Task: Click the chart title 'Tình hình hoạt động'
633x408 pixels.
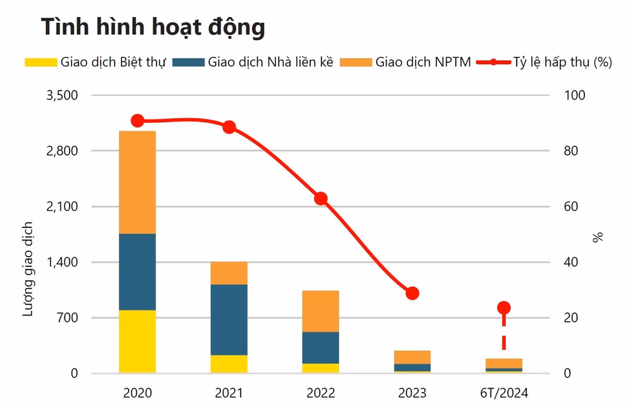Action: point(153,27)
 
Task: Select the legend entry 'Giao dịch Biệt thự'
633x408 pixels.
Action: point(96,62)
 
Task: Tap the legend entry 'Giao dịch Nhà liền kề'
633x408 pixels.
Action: point(253,62)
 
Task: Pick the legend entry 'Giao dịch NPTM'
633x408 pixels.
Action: point(405,62)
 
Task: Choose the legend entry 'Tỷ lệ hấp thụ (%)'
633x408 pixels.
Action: point(544,62)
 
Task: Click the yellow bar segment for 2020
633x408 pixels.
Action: point(137,341)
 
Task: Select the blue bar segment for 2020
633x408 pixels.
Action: point(137,272)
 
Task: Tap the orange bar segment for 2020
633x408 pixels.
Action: point(137,182)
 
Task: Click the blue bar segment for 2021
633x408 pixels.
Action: point(229,320)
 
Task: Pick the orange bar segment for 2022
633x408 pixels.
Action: point(320,311)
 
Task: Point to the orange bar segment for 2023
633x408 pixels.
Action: point(412,357)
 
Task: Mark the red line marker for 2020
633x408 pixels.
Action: point(137,121)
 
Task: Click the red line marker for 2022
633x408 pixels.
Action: point(321,199)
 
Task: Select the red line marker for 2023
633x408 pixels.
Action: point(412,293)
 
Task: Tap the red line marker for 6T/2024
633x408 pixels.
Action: point(504,308)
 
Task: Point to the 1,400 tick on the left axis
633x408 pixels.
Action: point(62,262)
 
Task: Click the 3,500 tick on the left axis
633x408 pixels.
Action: point(62,95)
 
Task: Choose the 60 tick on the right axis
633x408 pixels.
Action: point(571,207)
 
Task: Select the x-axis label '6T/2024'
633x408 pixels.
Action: point(504,393)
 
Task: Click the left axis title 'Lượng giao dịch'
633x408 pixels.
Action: point(27,269)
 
